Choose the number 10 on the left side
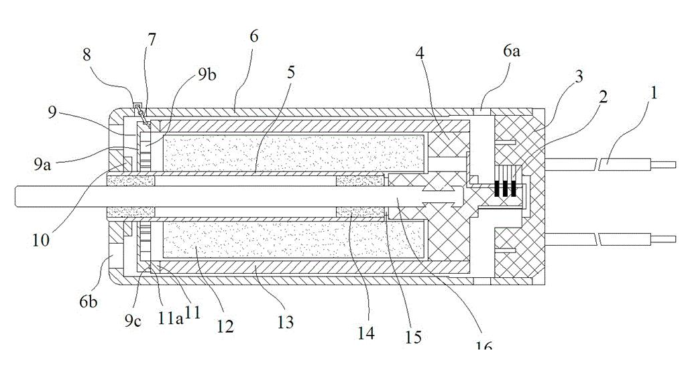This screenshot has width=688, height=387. coord(41,240)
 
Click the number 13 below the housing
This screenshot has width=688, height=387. coord(286,322)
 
